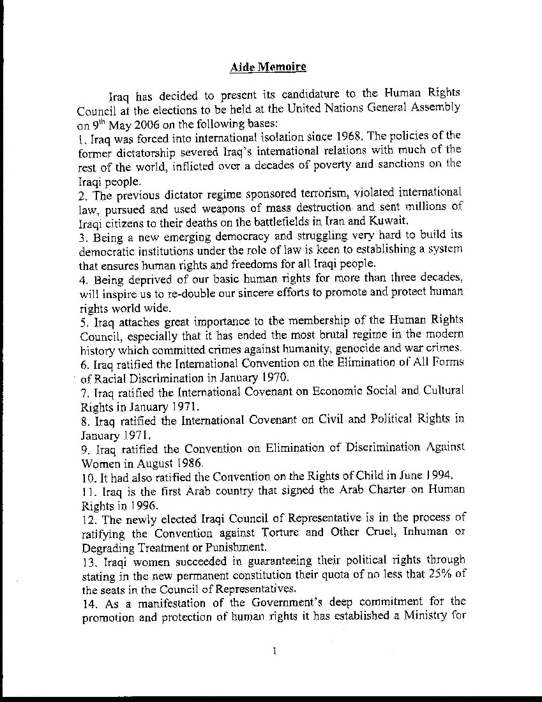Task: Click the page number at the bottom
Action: [274, 651]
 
